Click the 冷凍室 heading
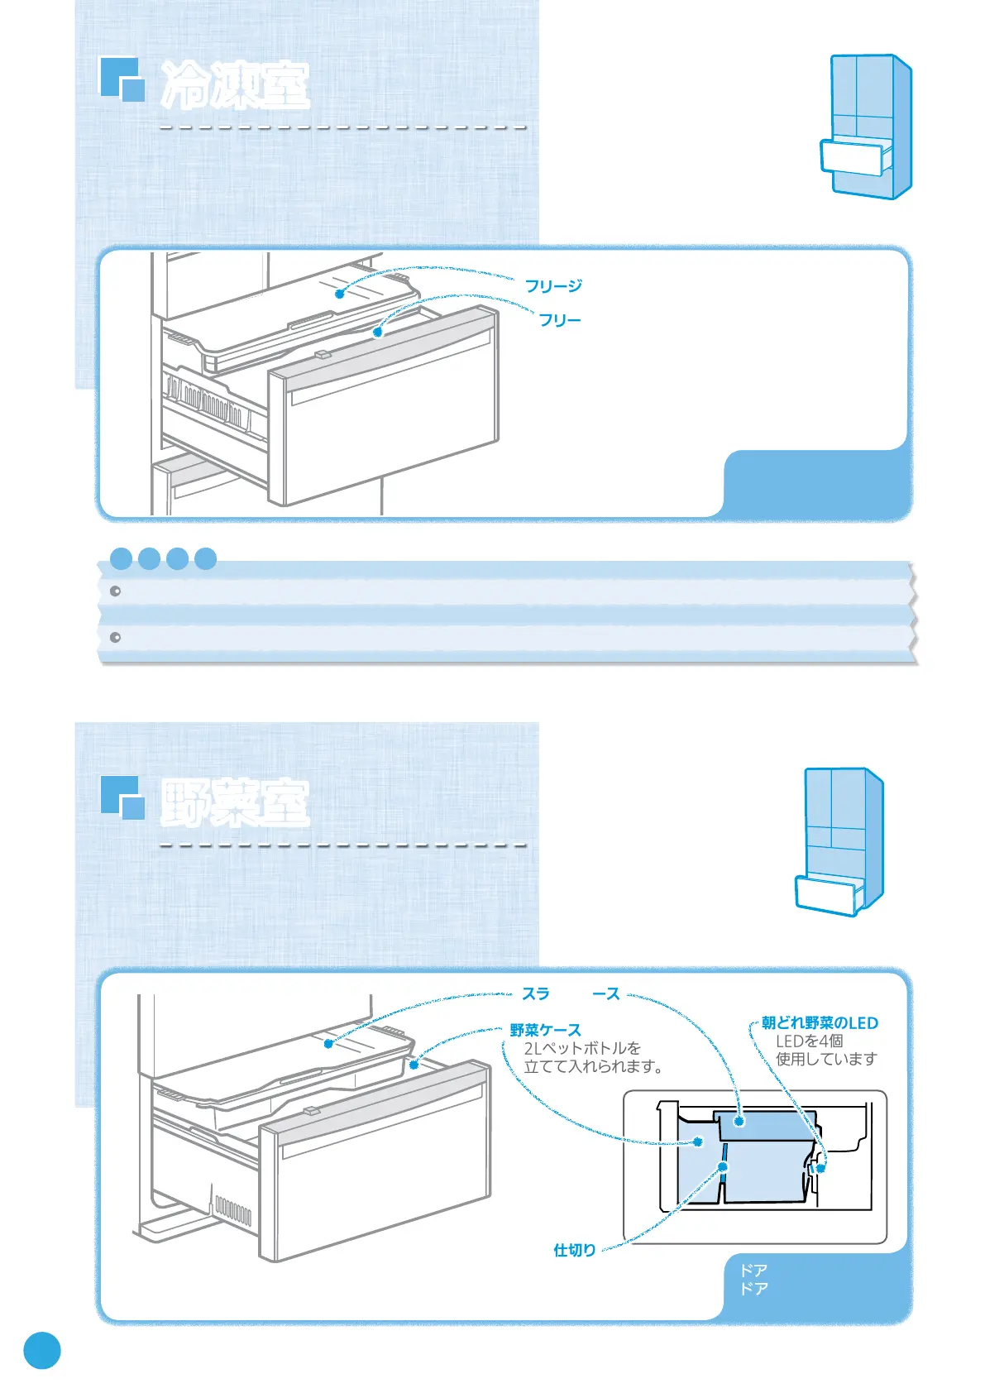[236, 85]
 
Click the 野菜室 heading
[236, 802]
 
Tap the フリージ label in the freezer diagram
[553, 286]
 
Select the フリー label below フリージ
[560, 320]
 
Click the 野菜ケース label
[545, 1030]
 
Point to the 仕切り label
[574, 1250]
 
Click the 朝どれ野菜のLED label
[820, 1023]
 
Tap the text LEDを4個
[809, 1041]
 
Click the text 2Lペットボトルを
[582, 1049]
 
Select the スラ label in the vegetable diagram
[535, 993]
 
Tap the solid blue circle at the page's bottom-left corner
[42, 1350]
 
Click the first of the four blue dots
[122, 558]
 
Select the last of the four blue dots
[206, 558]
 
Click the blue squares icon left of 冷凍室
[122, 79]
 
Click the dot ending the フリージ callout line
[339, 294]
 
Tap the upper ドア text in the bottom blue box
[753, 1270]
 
